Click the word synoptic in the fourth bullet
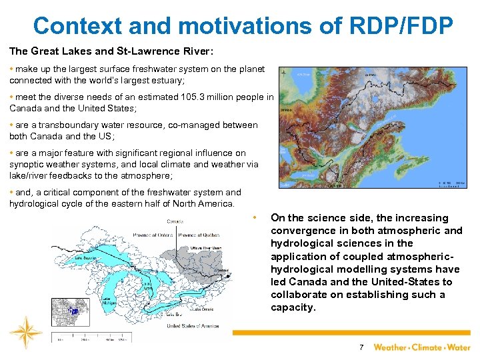(x=27, y=164)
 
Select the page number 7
(x=361, y=347)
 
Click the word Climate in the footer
(x=427, y=347)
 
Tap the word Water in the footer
(x=459, y=347)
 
